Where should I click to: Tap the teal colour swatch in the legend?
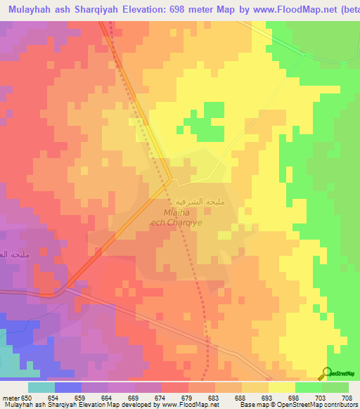pos(41,387)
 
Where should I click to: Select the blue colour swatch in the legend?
pos(68,387)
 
